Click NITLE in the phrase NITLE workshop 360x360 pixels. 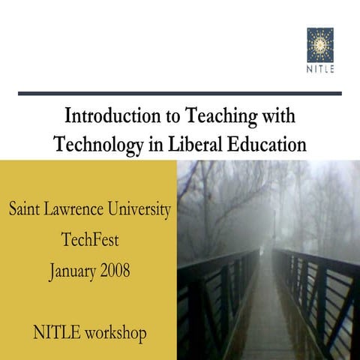(56, 331)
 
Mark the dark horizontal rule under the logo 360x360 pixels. (180, 94)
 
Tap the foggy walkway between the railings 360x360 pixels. (268, 315)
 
